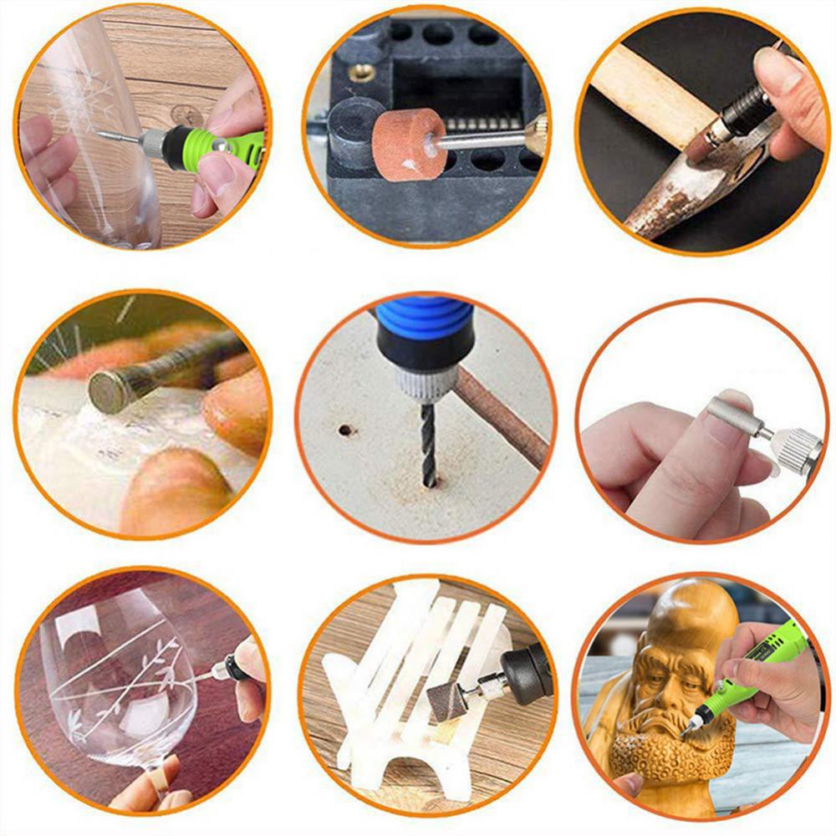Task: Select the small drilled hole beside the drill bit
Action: [x=344, y=431]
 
